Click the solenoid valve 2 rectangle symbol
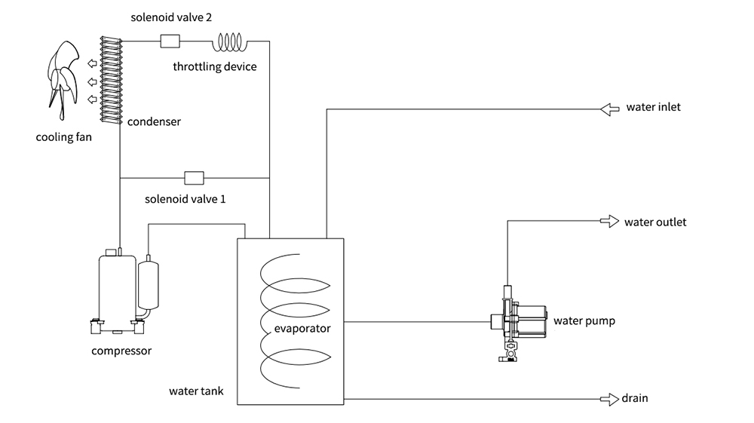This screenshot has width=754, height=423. (x=170, y=41)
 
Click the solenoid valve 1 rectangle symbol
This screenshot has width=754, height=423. (x=195, y=178)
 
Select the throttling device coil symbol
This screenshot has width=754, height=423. (x=234, y=41)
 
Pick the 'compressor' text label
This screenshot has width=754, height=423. (x=121, y=351)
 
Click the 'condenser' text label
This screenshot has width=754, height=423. (x=154, y=121)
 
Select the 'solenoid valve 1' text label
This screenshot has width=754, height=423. (x=185, y=200)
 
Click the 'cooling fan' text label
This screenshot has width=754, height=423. (x=64, y=137)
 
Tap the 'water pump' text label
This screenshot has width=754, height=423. (x=584, y=321)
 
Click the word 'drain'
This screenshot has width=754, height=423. (x=635, y=398)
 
